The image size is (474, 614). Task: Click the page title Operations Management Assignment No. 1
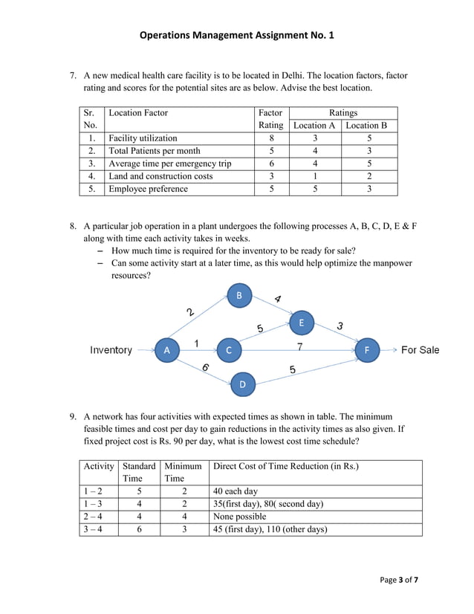coord(237,35)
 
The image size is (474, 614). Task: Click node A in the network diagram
coord(166,349)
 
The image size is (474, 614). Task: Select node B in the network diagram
coord(238,296)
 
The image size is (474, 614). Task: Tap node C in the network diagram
coord(228,349)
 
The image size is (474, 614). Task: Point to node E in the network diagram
coord(301,323)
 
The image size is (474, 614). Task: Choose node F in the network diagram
coord(366,349)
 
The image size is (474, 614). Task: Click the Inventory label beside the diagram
coord(111,349)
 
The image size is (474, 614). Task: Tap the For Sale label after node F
coord(420,349)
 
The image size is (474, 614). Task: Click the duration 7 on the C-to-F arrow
coord(299,346)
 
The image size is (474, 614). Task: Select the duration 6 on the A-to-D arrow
coord(205,367)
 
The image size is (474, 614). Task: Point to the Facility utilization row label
coord(143,138)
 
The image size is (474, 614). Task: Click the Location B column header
coord(369,126)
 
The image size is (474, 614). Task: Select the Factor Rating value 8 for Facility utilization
coord(271,138)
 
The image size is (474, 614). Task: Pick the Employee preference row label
coord(148,189)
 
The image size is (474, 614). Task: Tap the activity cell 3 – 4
coord(97,529)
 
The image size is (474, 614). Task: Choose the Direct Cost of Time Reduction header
coord(285,466)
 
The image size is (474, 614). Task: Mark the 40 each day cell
coord(236,491)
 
